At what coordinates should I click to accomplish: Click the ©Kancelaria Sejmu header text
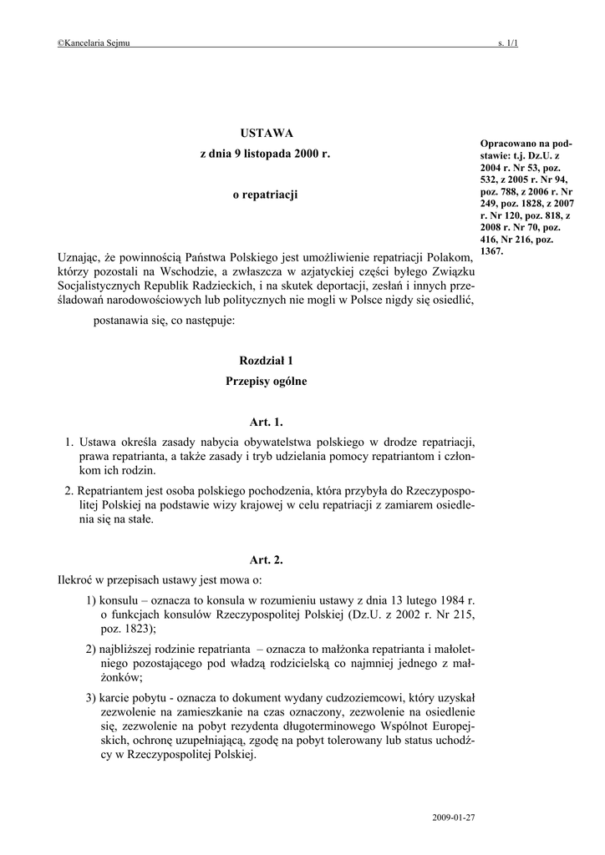[x=94, y=43]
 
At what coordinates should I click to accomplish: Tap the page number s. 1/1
[x=507, y=43]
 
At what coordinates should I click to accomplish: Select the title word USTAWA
[x=266, y=133]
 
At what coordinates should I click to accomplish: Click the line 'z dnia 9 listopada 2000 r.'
[x=265, y=154]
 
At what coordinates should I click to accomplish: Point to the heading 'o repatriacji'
[x=265, y=195]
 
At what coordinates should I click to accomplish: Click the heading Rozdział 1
[x=266, y=361]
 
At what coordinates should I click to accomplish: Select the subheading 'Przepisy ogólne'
[x=266, y=382]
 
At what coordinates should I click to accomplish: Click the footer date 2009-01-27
[x=454, y=815]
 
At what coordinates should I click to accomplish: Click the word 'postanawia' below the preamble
[x=120, y=321]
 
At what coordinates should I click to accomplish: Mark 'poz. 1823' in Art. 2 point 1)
[x=125, y=630]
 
